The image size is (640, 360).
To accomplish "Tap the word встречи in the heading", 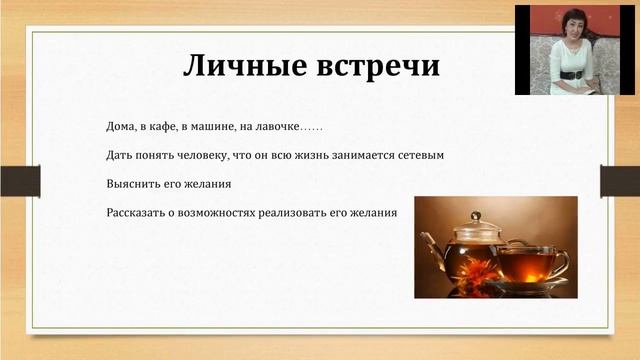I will click(x=375, y=66).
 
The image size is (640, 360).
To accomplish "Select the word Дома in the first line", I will click(x=122, y=127).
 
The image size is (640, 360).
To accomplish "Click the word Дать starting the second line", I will click(x=118, y=156).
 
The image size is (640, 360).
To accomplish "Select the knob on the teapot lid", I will click(x=476, y=216).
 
